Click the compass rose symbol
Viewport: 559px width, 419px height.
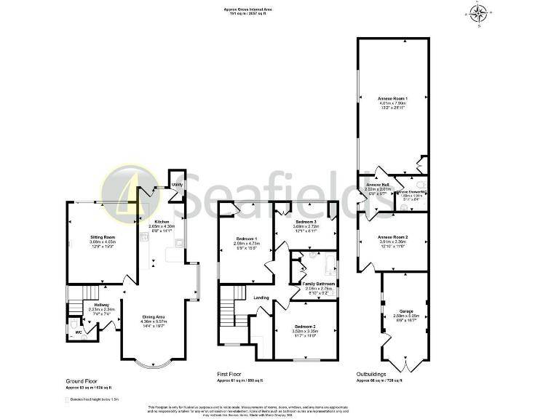[x=478, y=13]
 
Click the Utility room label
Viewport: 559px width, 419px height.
[x=177, y=185]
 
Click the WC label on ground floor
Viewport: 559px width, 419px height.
[x=79, y=332]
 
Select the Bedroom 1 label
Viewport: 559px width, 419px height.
[x=246, y=239]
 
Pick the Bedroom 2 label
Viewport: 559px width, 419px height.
[x=306, y=327]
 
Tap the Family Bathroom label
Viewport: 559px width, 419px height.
[x=319, y=284]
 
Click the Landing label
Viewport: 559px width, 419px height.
[x=261, y=297]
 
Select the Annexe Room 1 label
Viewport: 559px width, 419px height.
[x=392, y=97]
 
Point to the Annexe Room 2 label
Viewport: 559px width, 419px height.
[x=392, y=237]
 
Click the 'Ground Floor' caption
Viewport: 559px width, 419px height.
[x=82, y=380]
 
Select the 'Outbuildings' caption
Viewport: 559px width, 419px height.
[x=372, y=374]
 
